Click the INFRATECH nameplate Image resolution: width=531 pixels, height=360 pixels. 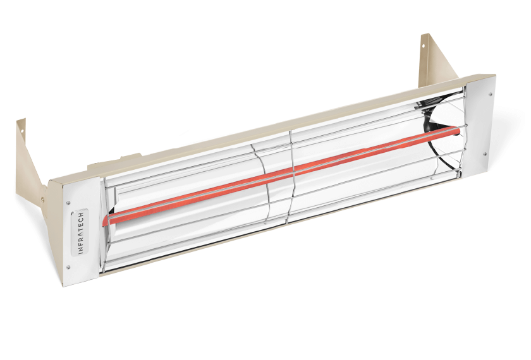(80, 232)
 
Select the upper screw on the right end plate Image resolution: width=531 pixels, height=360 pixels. (490, 94)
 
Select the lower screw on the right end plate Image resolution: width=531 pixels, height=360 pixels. (485, 154)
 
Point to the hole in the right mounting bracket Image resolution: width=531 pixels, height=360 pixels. (424, 45)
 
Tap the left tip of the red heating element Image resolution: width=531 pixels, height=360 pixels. (103, 221)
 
